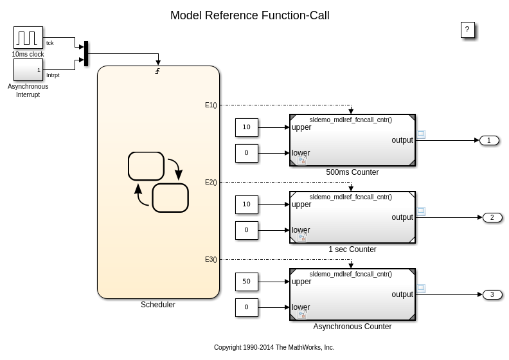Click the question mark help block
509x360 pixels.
click(467, 30)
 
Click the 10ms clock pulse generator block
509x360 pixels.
click(28, 37)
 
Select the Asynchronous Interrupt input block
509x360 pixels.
click(28, 70)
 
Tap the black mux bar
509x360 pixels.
click(86, 53)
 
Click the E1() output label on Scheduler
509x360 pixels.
click(211, 105)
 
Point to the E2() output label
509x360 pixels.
click(211, 182)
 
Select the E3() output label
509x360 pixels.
click(211, 259)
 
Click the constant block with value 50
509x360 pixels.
click(246, 282)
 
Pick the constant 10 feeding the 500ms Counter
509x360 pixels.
click(246, 127)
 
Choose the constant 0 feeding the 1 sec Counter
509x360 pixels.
click(246, 230)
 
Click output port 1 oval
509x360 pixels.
click(489, 140)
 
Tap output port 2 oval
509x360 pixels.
click(492, 217)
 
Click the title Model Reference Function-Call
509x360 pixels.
click(249, 15)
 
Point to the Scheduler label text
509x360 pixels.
click(158, 305)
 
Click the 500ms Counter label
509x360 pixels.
click(352, 172)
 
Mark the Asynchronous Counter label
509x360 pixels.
click(352, 327)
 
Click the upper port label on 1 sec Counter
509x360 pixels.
click(301, 204)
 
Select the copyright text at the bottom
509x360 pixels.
click(274, 347)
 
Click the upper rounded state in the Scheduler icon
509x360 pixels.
click(146, 166)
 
